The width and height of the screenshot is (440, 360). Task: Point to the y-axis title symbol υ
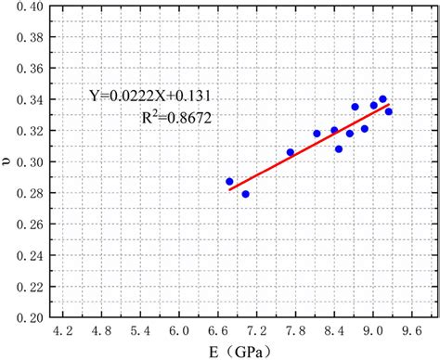tap(8, 162)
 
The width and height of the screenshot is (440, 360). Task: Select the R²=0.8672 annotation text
tap(174, 119)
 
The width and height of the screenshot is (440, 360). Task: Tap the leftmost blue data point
tap(230, 182)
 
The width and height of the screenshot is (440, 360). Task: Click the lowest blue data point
tap(245, 194)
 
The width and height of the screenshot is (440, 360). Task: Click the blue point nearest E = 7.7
tap(291, 152)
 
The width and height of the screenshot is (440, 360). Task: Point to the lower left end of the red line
tap(229, 190)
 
